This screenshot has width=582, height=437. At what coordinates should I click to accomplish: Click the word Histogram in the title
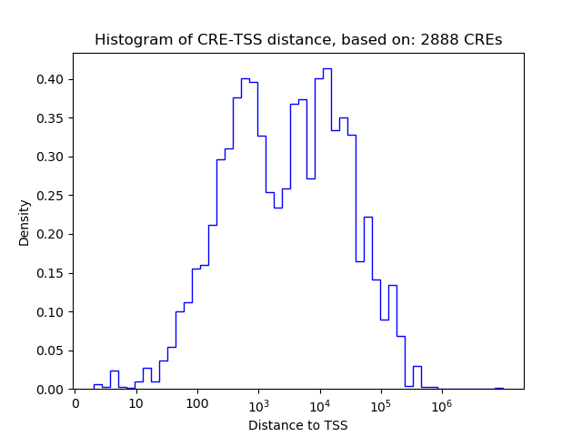tap(128, 40)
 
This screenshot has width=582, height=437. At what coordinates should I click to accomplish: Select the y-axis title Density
tap(25, 222)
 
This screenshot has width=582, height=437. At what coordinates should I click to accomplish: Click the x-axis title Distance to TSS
tap(298, 424)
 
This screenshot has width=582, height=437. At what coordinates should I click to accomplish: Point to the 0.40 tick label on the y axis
tap(51, 79)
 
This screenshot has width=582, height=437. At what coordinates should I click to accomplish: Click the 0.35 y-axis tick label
tap(51, 118)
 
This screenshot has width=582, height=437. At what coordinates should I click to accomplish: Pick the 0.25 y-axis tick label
tap(51, 196)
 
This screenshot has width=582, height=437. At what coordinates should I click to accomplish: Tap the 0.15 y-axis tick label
tap(51, 273)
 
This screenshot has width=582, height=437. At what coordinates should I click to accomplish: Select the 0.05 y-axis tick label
tap(51, 351)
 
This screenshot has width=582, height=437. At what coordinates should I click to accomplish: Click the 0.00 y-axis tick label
tap(51, 390)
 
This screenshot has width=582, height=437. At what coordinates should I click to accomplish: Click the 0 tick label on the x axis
tap(75, 403)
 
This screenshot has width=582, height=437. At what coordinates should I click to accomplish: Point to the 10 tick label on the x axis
tap(135, 403)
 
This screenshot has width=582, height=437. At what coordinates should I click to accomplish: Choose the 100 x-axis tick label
tap(196, 403)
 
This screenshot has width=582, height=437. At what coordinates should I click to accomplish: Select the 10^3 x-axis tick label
tap(258, 402)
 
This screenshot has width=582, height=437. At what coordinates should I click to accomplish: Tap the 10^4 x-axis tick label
tap(319, 402)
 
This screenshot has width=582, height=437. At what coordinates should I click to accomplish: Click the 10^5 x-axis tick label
tap(380, 402)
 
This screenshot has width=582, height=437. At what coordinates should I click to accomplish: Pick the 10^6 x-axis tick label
tap(442, 402)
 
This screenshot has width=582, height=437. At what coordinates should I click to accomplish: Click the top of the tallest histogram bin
tap(327, 68)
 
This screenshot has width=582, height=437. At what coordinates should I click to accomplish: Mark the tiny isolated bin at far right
tap(499, 388)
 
